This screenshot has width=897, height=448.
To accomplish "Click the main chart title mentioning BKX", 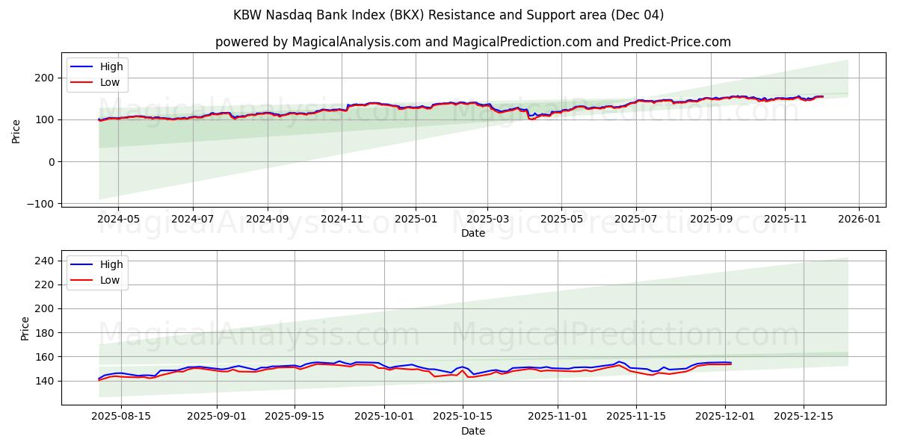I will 449,15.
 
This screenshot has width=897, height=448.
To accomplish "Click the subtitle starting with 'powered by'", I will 473,42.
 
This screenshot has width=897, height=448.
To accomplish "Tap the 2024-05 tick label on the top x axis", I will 118,220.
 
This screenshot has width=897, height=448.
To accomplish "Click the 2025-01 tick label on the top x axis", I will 415,220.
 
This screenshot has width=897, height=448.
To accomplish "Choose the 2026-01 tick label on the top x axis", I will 858,220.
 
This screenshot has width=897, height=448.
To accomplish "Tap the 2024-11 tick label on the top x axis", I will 342,220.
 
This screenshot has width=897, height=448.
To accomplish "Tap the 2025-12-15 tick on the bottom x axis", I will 803,417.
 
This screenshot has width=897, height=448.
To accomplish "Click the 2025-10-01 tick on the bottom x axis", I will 384,417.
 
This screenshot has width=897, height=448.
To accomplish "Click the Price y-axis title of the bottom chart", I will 25,328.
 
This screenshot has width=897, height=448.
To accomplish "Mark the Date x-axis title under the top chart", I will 473,233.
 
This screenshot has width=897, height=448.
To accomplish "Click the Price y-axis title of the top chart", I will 16,131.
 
